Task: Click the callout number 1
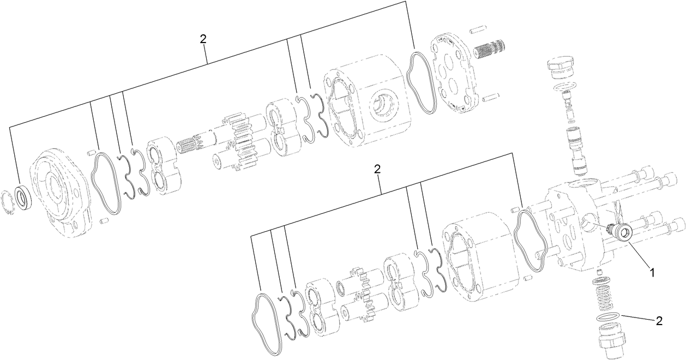click(x=651, y=269)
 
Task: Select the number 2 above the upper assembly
click(x=203, y=39)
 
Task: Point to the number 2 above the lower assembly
click(x=377, y=169)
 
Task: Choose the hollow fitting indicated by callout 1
click(x=623, y=233)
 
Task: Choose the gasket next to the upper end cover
click(x=422, y=82)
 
